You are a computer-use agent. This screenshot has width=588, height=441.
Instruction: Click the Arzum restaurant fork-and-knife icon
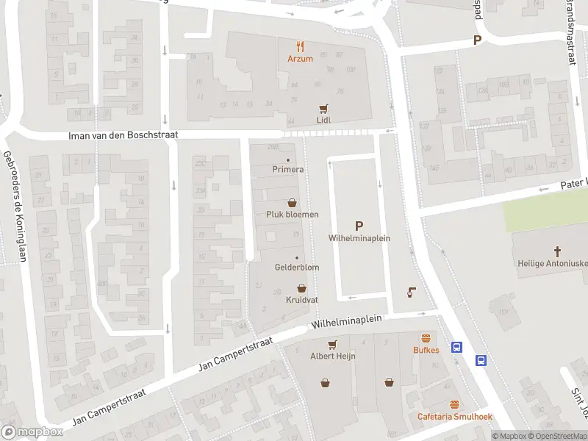[x=300, y=46]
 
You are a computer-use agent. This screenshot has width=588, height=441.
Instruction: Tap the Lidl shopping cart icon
[x=322, y=107]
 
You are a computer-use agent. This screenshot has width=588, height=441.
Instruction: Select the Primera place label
[x=287, y=169]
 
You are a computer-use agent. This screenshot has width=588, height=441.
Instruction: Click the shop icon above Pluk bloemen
[x=292, y=202]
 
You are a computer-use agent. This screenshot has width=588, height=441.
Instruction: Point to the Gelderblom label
[x=297, y=268]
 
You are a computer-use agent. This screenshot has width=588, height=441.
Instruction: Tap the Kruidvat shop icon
[x=301, y=288]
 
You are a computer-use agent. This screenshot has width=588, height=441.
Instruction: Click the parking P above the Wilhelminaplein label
[x=359, y=226]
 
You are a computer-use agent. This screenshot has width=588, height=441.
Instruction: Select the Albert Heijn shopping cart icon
[x=332, y=343]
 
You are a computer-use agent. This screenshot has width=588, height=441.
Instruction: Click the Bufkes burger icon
[x=425, y=338]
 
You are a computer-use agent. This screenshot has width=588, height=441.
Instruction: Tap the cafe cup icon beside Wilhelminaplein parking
[x=410, y=292]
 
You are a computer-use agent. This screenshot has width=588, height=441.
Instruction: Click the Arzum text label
[x=300, y=59]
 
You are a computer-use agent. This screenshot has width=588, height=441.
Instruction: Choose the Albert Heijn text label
[x=332, y=356]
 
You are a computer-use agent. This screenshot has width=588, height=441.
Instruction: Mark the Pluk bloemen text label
[x=292, y=215]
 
